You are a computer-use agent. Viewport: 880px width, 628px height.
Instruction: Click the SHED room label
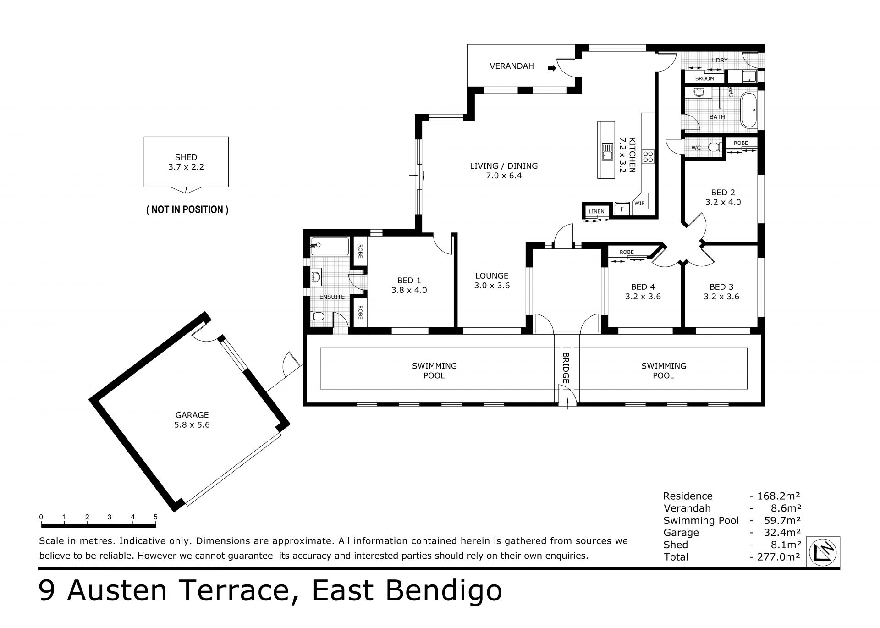coord(186,157)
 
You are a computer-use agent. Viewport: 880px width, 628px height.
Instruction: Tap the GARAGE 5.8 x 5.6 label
coord(192,420)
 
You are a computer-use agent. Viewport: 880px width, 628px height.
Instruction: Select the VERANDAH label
coord(511,66)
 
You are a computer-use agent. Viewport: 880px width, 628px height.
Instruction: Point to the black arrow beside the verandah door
coord(552,68)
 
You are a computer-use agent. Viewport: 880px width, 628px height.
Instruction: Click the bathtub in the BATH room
coord(749,110)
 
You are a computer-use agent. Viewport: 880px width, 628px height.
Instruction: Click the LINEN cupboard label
coord(596,211)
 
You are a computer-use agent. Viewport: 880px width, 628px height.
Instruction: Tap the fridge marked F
coord(622,209)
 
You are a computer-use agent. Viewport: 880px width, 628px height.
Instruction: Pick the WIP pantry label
coord(639,203)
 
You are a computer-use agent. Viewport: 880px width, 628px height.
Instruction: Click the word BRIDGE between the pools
coord(566,368)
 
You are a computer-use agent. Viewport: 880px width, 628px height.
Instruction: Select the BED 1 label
coord(409,280)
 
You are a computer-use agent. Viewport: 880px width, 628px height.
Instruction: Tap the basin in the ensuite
coord(316,277)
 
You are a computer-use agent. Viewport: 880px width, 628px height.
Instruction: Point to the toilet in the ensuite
coord(318,316)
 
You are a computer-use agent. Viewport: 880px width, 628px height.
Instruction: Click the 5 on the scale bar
coord(155,517)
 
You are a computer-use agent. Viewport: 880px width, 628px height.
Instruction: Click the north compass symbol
coord(824,553)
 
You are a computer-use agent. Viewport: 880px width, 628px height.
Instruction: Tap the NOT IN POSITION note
coord(187,209)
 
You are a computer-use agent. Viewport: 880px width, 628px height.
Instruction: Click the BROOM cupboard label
coord(704,78)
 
